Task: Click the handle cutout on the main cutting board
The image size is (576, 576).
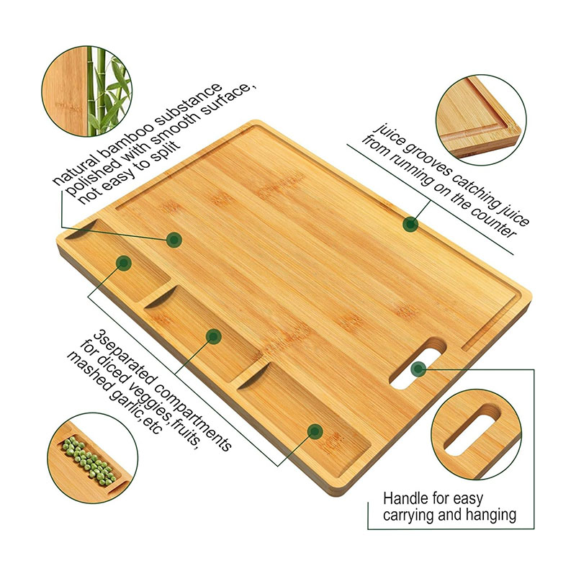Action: click(x=418, y=364)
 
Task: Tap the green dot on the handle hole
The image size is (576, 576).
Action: click(x=418, y=369)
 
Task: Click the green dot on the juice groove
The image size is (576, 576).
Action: click(x=410, y=224)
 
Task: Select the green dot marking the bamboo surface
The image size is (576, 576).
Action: click(x=174, y=240)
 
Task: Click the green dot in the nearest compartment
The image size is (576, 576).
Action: click(x=315, y=431)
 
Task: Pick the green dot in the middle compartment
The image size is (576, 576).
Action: click(x=213, y=336)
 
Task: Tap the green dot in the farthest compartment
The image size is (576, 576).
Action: click(x=124, y=263)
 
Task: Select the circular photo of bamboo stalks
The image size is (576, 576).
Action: click(x=86, y=91)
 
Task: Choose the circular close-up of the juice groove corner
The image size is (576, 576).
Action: click(x=481, y=120)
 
